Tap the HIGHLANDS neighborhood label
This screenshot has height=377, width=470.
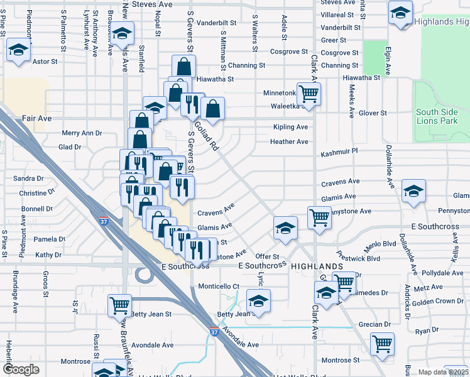pyautogui.click(x=317, y=266)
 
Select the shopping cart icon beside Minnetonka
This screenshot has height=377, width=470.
pyautogui.click(x=309, y=94)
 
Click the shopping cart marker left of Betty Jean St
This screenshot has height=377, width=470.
pyautogui.click(x=119, y=305)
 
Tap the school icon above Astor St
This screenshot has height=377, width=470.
pyautogui.click(x=18, y=50)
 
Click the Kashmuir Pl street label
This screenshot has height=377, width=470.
pyautogui.click(x=339, y=151)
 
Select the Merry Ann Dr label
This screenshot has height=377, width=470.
pyautogui.click(x=82, y=133)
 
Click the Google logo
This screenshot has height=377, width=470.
pyautogui.click(x=21, y=369)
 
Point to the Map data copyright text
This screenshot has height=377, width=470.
pyautogui.click(x=444, y=372)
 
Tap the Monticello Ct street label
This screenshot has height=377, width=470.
pyautogui.click(x=219, y=287)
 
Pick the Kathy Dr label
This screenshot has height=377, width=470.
pyautogui.click(x=49, y=255)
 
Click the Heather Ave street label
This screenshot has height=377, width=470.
pyautogui.click(x=289, y=141)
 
